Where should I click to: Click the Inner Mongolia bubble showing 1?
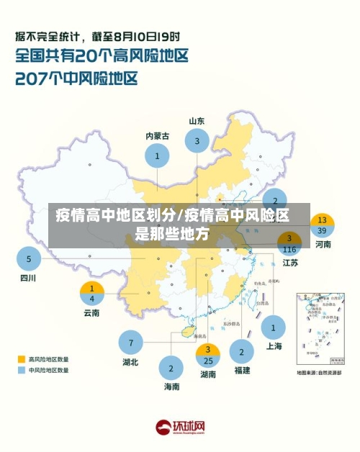coord(157,155)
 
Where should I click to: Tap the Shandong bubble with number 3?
coord(197,142)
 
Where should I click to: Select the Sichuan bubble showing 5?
coord(29,259)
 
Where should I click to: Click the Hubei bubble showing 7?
coord(131,343)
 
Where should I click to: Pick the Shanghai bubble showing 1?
coord(274,327)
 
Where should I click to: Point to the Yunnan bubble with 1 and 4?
coord(92,294)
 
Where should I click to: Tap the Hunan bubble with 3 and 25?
coord(208,356)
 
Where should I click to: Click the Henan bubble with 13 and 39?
coord(323,225)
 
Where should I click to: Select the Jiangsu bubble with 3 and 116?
coord(289,243)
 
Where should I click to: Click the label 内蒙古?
coord(157,135)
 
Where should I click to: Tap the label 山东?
coord(197,121)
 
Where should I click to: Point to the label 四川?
coord(28,278)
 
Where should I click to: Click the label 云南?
coord(92,312)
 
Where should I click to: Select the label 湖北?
coord(131,362)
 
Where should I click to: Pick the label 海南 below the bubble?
coord(171,387)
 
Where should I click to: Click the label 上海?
coord(274,346)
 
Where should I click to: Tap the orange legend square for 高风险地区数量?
coord(22,358)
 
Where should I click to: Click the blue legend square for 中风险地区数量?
coord(22,370)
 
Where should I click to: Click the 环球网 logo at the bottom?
coord(180,427)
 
